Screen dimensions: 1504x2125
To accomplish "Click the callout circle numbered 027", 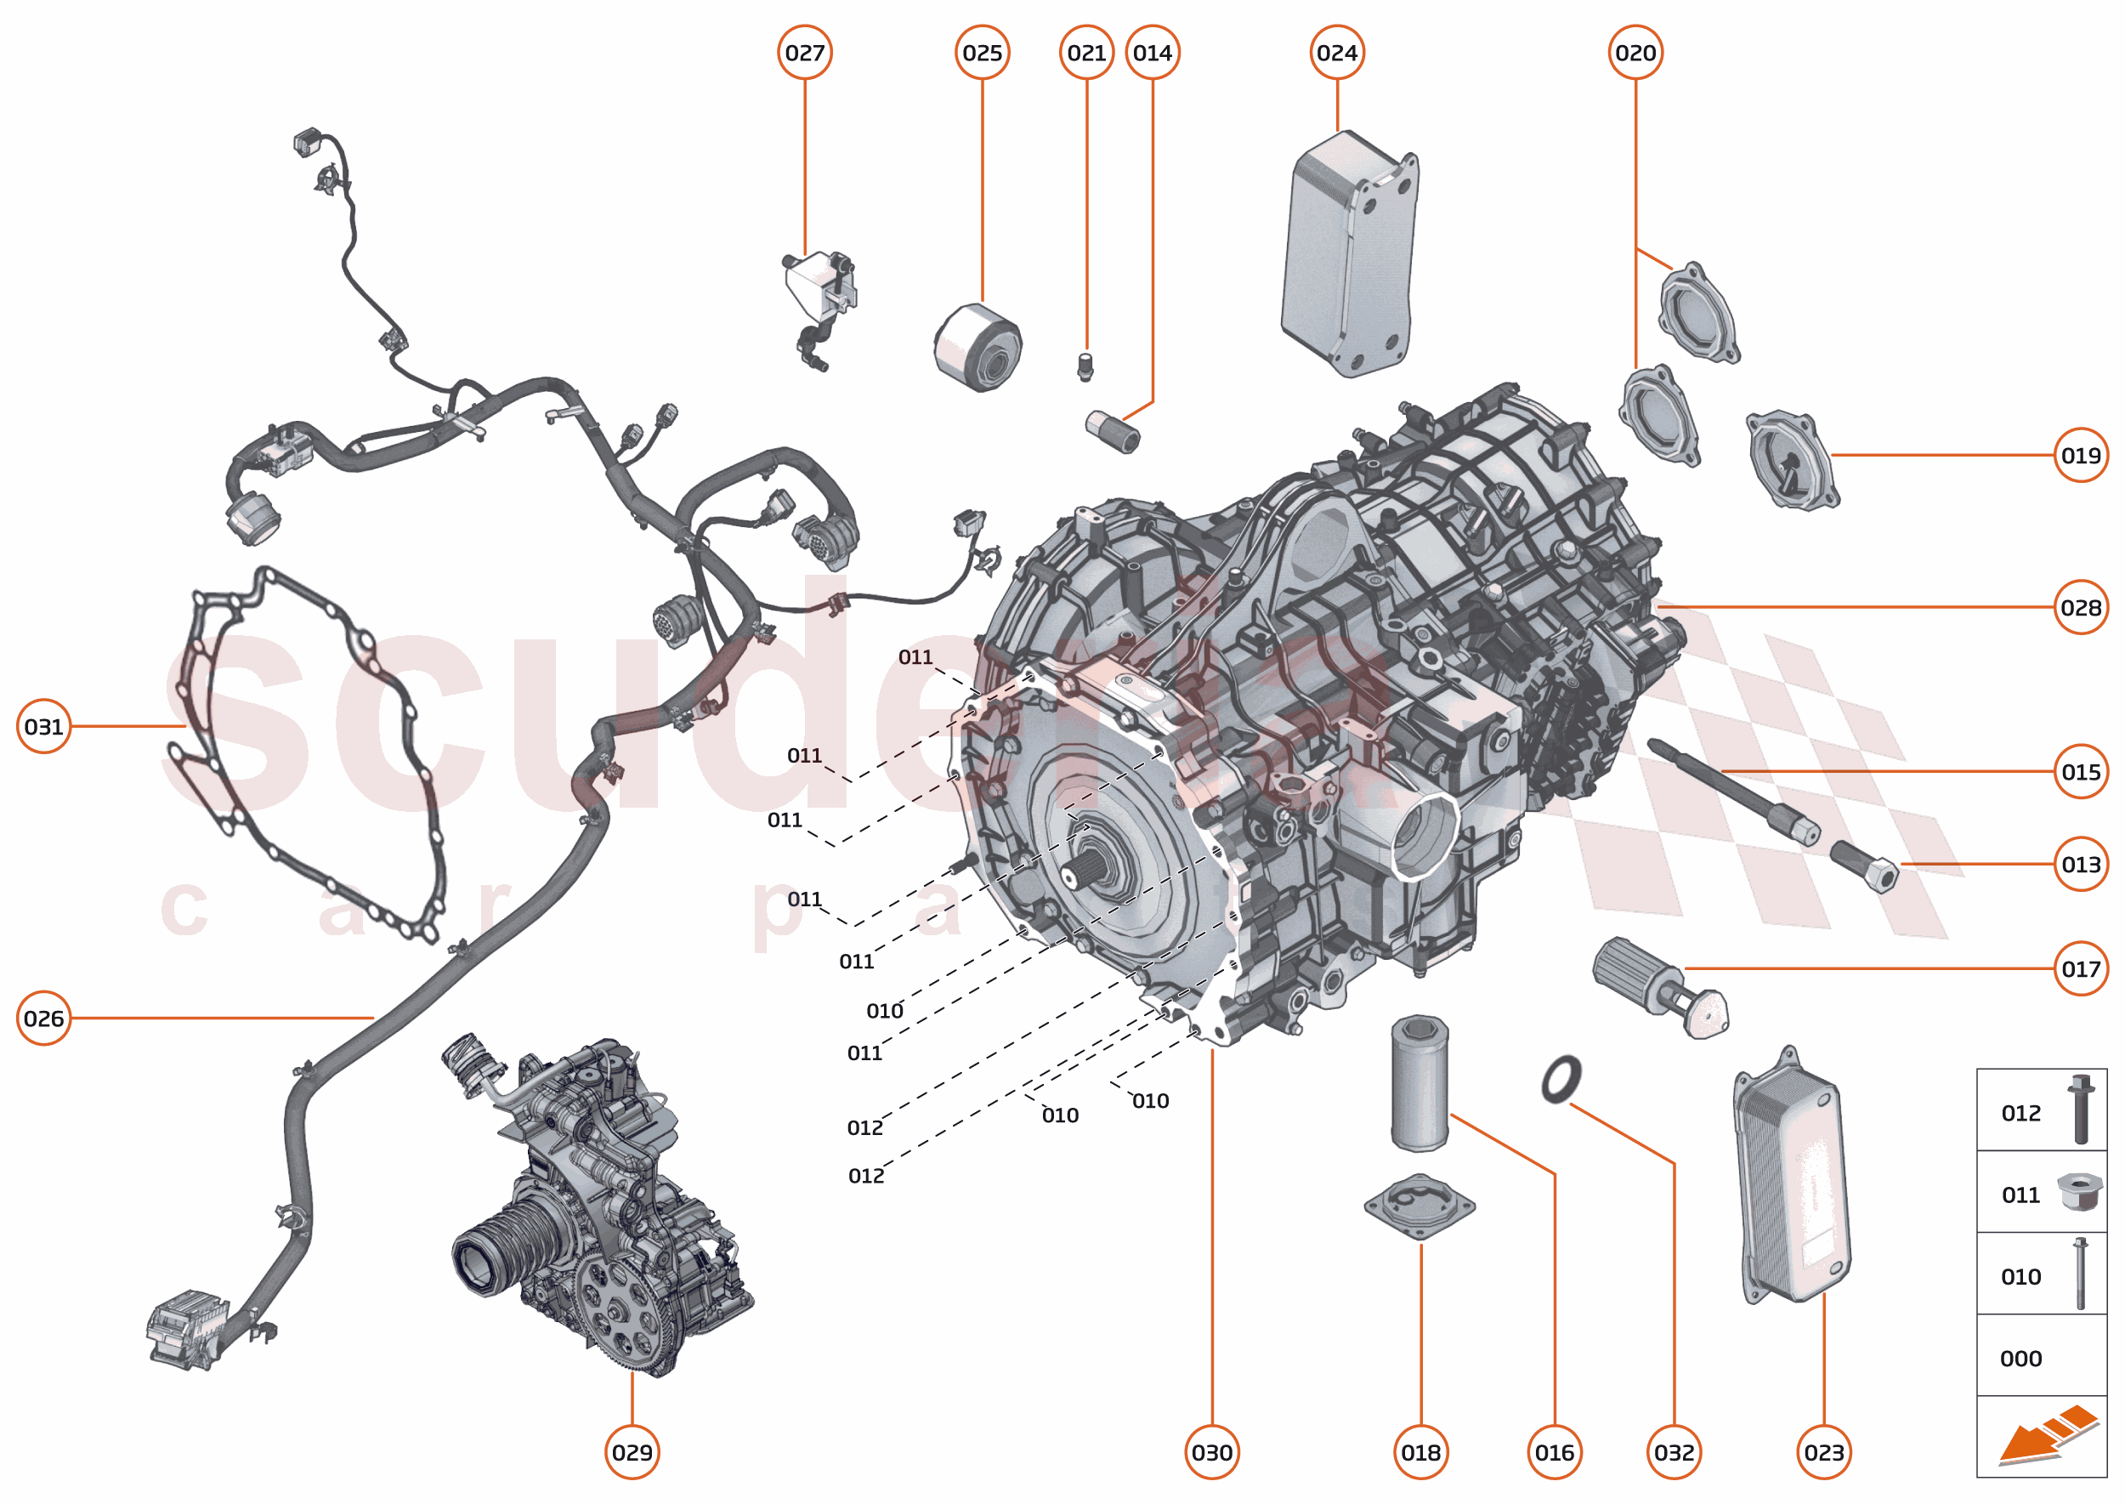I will [804, 53].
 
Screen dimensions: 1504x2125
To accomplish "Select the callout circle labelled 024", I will [1336, 53].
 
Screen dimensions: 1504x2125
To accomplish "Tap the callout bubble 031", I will [43, 726].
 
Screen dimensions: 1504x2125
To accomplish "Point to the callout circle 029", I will [632, 1452].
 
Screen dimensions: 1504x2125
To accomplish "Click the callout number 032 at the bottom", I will [1673, 1452].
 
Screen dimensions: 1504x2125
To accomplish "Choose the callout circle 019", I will [2080, 455].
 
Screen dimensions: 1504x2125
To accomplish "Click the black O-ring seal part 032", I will [1561, 1079].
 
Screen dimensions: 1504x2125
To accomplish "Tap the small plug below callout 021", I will [1086, 366].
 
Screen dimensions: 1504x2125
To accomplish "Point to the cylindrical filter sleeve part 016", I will [1419, 1083].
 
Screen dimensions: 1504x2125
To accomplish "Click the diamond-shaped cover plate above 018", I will [1419, 1206].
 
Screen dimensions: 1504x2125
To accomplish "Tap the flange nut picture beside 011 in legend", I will [2079, 1192].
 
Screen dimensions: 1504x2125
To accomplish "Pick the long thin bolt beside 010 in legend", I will [2080, 1274].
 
